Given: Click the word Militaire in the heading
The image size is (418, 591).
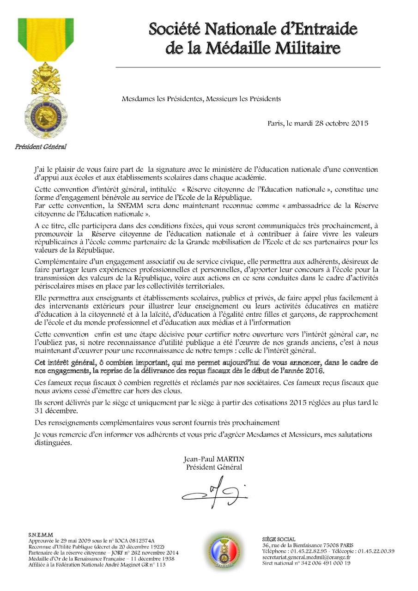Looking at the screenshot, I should click(x=311, y=48).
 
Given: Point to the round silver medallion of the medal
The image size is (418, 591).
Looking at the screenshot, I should click(x=45, y=113).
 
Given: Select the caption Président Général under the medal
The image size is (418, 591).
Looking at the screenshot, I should click(x=41, y=147).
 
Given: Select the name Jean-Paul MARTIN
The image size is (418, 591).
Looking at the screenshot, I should click(x=214, y=460).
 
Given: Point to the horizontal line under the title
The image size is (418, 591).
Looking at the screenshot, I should click(x=248, y=67).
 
